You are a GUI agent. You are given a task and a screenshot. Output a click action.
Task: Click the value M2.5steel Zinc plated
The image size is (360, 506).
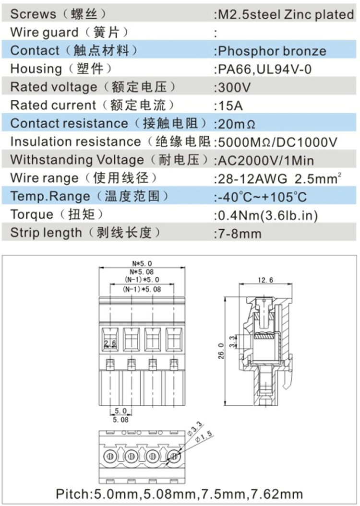pos(286,14)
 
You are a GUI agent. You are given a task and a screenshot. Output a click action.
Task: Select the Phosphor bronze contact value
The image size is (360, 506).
pos(272,51)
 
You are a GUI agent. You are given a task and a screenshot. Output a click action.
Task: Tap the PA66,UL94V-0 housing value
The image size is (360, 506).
pos(264,69)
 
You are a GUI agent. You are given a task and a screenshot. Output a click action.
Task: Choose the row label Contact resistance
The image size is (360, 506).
pos(69,123)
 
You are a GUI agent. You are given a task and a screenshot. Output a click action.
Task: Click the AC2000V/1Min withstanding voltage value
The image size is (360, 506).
pos(273,160)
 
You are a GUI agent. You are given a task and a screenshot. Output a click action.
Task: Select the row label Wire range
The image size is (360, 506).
pos(44,178)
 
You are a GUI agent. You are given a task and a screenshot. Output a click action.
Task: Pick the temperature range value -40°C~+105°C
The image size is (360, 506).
pos(262,196)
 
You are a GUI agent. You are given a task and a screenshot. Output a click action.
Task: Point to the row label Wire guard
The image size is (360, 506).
pos(44,33)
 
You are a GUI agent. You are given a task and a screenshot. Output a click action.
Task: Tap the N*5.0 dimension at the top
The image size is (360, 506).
pos(142,263)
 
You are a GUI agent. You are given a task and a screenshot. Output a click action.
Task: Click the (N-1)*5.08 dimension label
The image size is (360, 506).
pos(142,289)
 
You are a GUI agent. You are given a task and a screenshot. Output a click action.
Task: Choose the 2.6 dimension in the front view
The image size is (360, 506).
pos(110,343)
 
